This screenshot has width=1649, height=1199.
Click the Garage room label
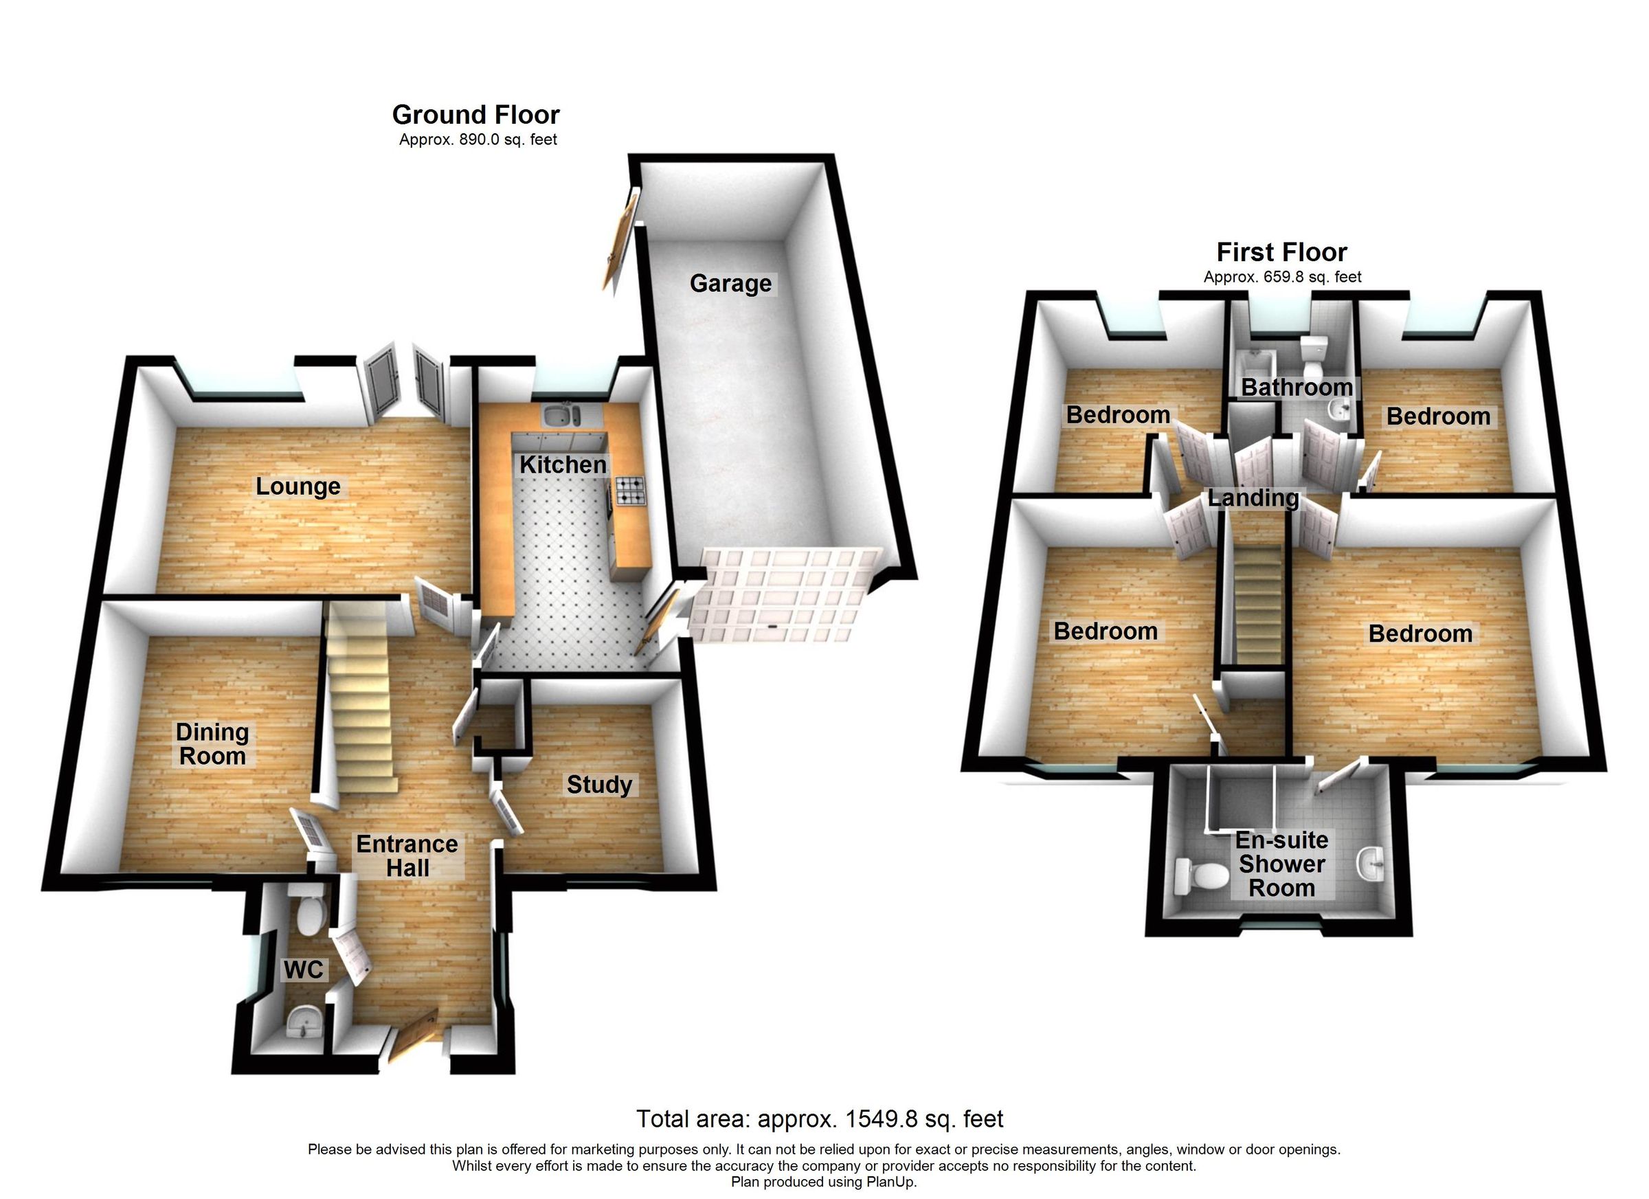(x=730, y=283)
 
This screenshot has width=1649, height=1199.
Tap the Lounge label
(x=298, y=486)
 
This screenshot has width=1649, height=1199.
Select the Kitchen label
(x=562, y=464)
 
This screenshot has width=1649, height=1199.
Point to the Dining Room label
(x=212, y=744)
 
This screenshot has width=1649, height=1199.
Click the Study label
(x=599, y=785)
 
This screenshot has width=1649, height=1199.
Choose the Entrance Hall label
(x=407, y=856)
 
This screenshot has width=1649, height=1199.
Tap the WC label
(x=303, y=970)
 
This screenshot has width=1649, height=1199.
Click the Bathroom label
(x=1297, y=388)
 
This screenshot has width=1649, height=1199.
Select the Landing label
(x=1253, y=498)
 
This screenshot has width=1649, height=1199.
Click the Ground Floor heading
(x=475, y=115)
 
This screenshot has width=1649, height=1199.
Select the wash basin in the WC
(x=304, y=1024)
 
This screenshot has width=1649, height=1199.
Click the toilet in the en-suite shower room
(x=1199, y=876)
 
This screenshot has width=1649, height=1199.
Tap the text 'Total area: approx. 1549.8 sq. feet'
(x=820, y=1119)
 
